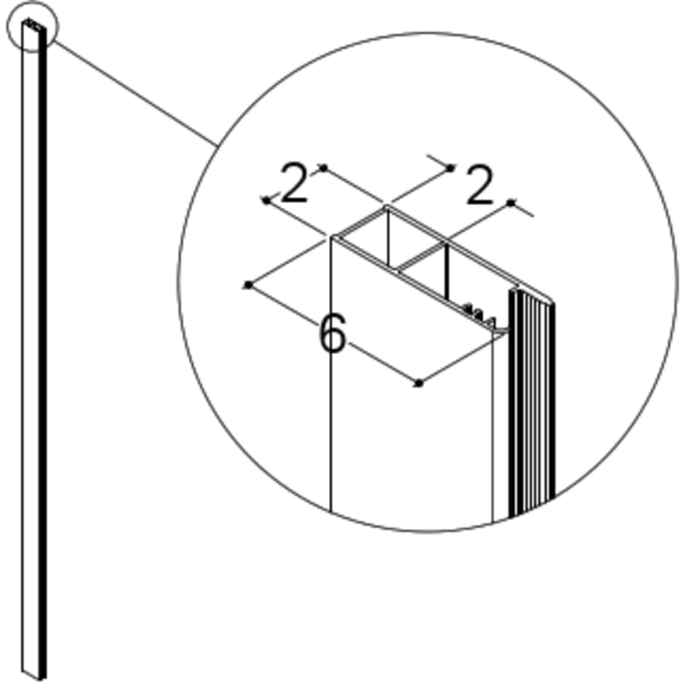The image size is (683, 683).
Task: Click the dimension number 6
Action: (332, 334)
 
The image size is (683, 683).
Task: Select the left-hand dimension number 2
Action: (295, 185)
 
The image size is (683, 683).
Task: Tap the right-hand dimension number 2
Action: (479, 187)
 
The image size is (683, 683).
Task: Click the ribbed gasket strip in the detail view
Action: (532, 400)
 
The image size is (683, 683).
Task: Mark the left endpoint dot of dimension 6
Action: (248, 284)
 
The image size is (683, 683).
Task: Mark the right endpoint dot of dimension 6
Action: (419, 382)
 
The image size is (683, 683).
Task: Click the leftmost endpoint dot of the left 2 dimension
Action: (266, 200)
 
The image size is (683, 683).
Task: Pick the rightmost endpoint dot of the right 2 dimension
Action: (511, 202)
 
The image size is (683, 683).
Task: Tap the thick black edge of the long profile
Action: (43, 372)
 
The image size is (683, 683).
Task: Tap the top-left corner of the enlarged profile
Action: (332, 238)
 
